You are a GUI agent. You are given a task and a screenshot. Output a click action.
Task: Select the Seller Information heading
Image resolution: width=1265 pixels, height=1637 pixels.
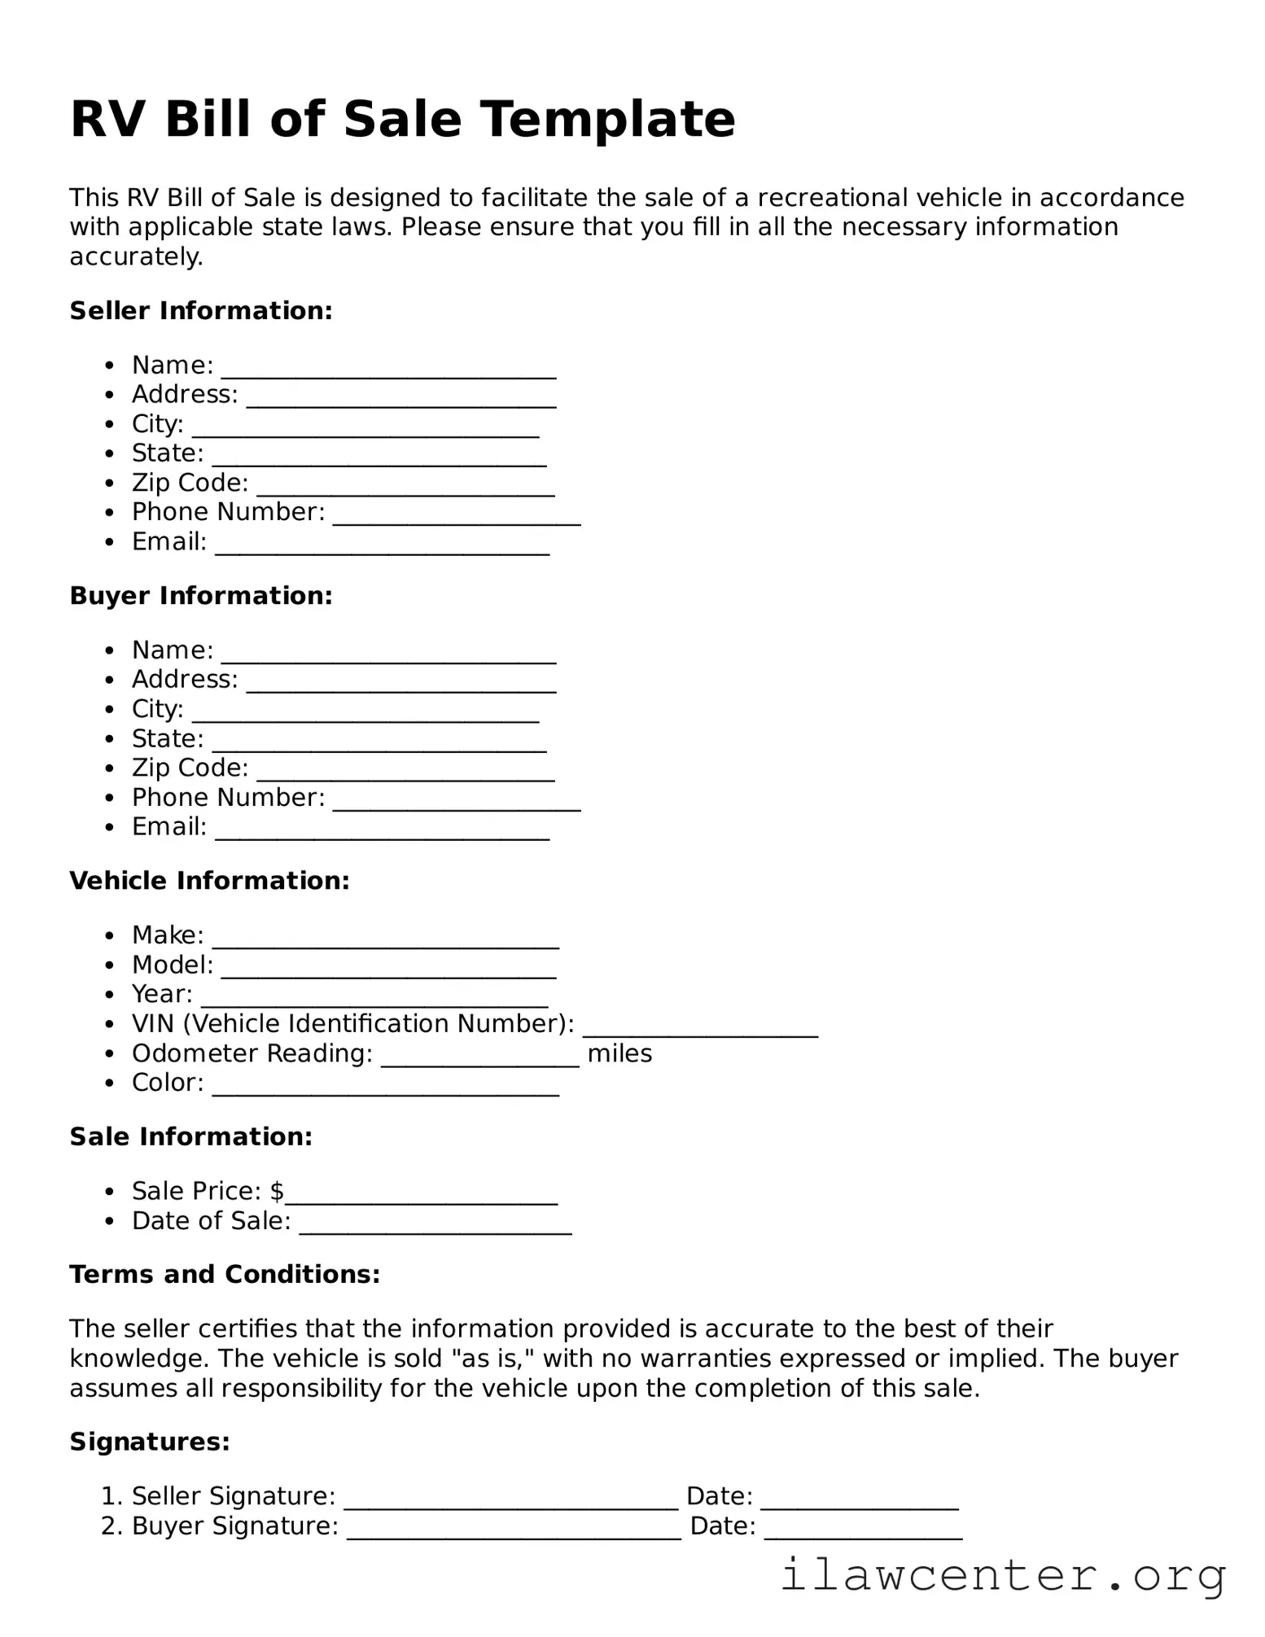point(201,311)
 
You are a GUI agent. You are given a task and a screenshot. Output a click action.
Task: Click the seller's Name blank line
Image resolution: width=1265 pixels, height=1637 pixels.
point(388,374)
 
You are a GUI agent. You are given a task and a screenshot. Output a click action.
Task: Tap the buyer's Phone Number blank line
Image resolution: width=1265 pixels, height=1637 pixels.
point(457,807)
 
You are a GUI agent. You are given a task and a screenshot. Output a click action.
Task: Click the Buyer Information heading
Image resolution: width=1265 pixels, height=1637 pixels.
point(201,596)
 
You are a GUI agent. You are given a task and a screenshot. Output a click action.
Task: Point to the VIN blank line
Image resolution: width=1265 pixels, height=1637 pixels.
point(700,1034)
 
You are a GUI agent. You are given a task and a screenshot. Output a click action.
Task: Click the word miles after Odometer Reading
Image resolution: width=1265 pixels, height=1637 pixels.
point(619,1053)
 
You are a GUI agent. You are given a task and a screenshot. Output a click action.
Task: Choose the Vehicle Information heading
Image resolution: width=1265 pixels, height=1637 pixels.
point(209,881)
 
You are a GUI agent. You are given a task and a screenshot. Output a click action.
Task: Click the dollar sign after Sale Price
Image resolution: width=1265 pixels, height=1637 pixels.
point(278,1191)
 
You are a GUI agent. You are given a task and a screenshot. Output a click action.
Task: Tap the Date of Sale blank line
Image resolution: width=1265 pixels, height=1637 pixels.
point(436,1230)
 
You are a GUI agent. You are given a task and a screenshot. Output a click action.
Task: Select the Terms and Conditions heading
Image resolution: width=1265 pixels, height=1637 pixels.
point(225,1274)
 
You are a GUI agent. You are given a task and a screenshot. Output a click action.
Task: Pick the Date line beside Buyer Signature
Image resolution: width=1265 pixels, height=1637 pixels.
point(863,1535)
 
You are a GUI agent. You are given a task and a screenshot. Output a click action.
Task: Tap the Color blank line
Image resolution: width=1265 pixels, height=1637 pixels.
point(385,1092)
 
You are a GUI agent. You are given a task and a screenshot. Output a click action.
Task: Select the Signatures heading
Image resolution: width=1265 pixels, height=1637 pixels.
point(150,1442)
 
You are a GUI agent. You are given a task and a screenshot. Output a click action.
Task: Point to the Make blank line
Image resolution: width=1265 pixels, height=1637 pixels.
point(385,944)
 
